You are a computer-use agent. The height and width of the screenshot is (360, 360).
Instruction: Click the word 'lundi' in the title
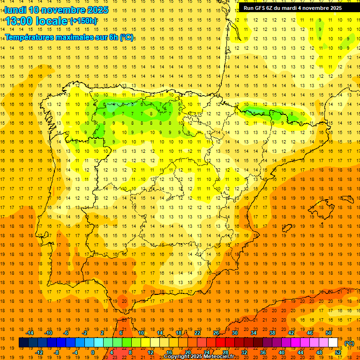tap(15, 10)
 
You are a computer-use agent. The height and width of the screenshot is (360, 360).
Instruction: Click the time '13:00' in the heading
tap(19, 21)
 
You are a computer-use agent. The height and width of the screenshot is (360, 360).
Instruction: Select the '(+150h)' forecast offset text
tap(83, 21)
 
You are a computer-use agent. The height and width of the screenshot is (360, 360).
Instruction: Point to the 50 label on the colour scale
tap(329, 333)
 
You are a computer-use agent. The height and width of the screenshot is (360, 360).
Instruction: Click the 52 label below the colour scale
tap(338, 352)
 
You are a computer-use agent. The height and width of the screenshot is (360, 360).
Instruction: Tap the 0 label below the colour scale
tap(93, 352)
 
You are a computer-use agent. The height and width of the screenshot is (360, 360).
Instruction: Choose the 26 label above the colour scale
tap(216, 333)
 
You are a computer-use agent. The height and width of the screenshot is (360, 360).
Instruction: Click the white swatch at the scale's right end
tap(333, 343)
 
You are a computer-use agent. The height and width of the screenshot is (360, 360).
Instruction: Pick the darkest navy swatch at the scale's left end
tap(23, 343)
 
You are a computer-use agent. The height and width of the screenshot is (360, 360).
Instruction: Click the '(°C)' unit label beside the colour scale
tap(349, 343)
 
